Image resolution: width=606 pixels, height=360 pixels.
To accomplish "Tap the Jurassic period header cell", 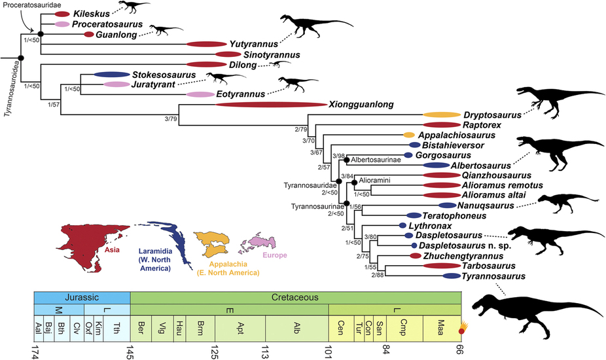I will (x=82, y=297).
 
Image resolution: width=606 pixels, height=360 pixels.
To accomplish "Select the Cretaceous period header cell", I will (x=296, y=297).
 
